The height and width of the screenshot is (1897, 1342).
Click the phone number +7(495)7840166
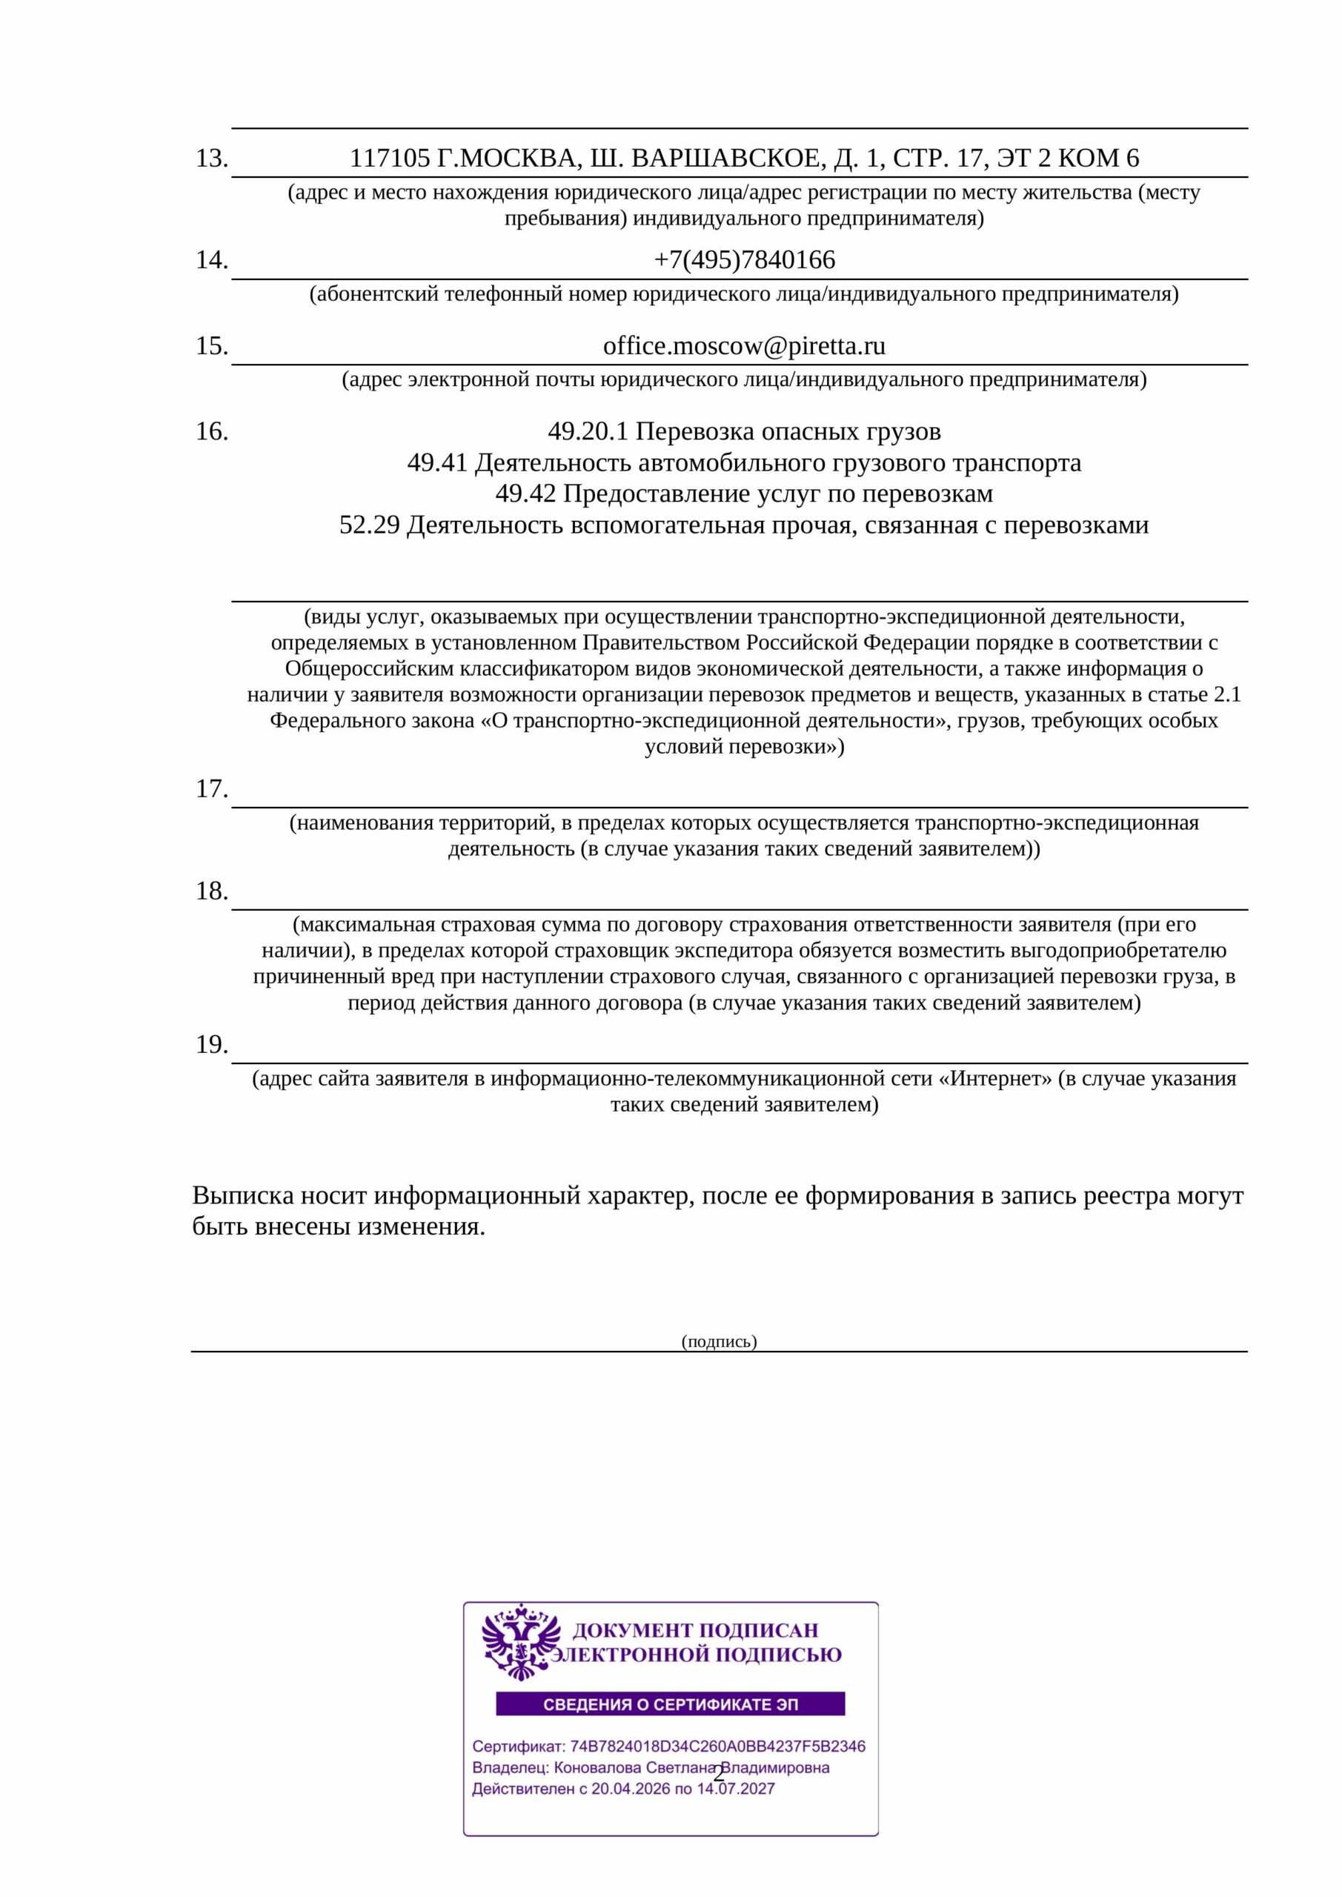coord(744,260)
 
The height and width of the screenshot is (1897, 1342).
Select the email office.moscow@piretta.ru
coord(744,346)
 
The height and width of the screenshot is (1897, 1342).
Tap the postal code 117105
coord(390,158)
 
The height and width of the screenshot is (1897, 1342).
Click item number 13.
coord(211,158)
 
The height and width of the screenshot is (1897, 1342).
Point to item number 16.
coord(211,431)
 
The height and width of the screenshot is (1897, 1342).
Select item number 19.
coord(211,1044)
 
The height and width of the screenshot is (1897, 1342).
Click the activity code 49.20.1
coord(588,431)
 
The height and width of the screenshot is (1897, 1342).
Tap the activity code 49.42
coord(525,494)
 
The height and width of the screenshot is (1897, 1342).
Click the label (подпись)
coord(719,1341)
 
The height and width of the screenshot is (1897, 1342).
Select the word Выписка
coord(238,1195)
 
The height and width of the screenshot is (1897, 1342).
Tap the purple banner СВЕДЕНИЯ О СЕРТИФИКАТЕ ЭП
coord(670,1704)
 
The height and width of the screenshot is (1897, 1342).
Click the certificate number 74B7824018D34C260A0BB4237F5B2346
coord(718,1747)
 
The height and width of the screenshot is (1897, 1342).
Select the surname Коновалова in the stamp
coord(597,1768)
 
